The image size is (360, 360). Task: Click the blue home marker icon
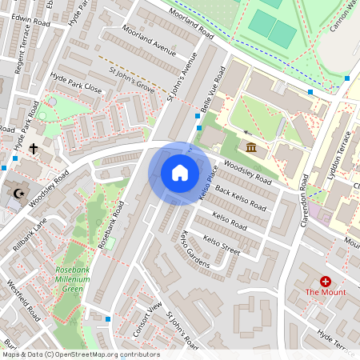180,173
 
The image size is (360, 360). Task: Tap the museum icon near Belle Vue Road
251,146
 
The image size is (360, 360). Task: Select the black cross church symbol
34,148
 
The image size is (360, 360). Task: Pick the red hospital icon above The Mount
326,281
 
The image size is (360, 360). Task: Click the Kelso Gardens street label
194,249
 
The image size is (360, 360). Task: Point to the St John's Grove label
131,82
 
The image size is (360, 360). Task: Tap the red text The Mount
326,293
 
